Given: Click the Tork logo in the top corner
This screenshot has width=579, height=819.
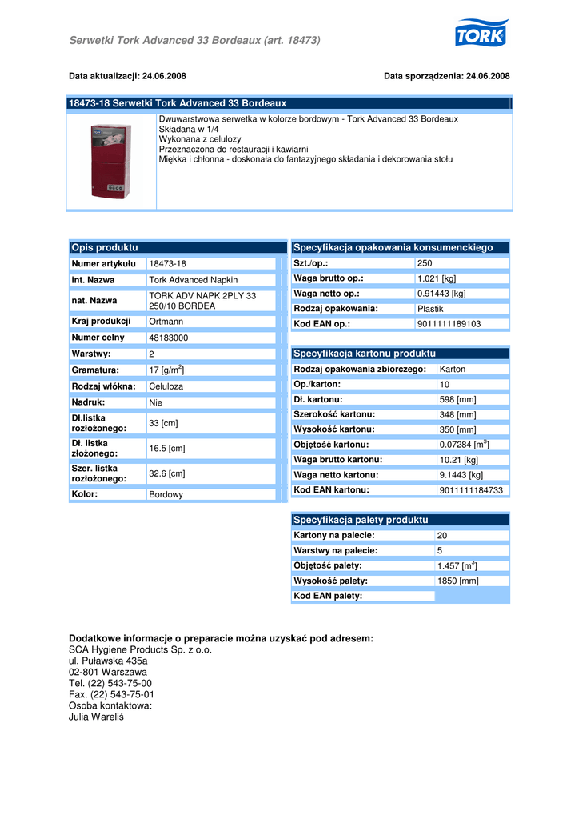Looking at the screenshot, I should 481,34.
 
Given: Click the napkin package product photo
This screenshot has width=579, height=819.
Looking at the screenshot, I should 110,161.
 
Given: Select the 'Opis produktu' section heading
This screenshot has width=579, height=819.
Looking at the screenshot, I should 105,248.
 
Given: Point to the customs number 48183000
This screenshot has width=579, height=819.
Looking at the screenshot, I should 169,338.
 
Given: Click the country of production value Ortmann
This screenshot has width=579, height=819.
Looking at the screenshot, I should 166,322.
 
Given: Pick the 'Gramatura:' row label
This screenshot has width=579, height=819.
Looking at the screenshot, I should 95,370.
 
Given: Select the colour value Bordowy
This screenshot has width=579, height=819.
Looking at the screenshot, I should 166,495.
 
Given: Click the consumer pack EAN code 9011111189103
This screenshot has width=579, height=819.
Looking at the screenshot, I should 449,324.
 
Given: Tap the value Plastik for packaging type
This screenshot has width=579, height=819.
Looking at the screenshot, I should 430,309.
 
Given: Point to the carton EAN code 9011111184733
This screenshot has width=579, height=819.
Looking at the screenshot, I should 471,490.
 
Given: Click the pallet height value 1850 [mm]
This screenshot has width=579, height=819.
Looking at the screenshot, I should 457,581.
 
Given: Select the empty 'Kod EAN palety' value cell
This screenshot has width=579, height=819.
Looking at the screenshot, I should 471,596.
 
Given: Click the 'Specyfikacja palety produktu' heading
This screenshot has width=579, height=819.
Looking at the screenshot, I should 361,520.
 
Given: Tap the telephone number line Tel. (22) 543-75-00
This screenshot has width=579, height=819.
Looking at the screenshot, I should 110,684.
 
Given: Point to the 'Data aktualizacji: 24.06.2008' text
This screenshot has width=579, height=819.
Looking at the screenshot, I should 128,76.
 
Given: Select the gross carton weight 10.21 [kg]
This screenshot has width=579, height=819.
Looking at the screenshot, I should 459,460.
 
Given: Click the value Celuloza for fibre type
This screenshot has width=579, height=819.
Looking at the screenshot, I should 166,386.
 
